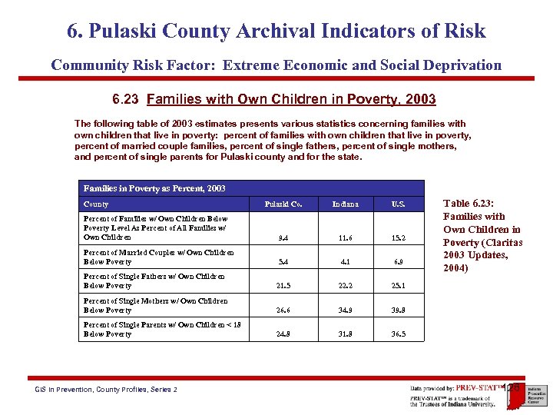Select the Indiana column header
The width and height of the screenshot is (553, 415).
345,204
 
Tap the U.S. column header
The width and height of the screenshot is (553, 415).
398,204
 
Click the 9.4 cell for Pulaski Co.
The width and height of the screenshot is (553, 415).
282,238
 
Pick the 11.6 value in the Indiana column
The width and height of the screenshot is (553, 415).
345,238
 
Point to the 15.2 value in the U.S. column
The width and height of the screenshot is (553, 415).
398,238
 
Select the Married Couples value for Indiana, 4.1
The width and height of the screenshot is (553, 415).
345,262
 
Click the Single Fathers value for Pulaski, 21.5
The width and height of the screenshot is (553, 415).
282,286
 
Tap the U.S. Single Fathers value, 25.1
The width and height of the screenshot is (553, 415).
398,286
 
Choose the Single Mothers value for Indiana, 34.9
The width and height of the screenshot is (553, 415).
345,310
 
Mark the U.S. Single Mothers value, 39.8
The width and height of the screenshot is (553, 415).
398,310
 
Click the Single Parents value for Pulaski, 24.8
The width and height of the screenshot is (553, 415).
282,334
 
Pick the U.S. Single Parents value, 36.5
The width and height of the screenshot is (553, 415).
398,334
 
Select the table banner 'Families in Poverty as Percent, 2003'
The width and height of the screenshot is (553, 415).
154,188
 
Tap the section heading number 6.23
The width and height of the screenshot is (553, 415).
126,99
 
